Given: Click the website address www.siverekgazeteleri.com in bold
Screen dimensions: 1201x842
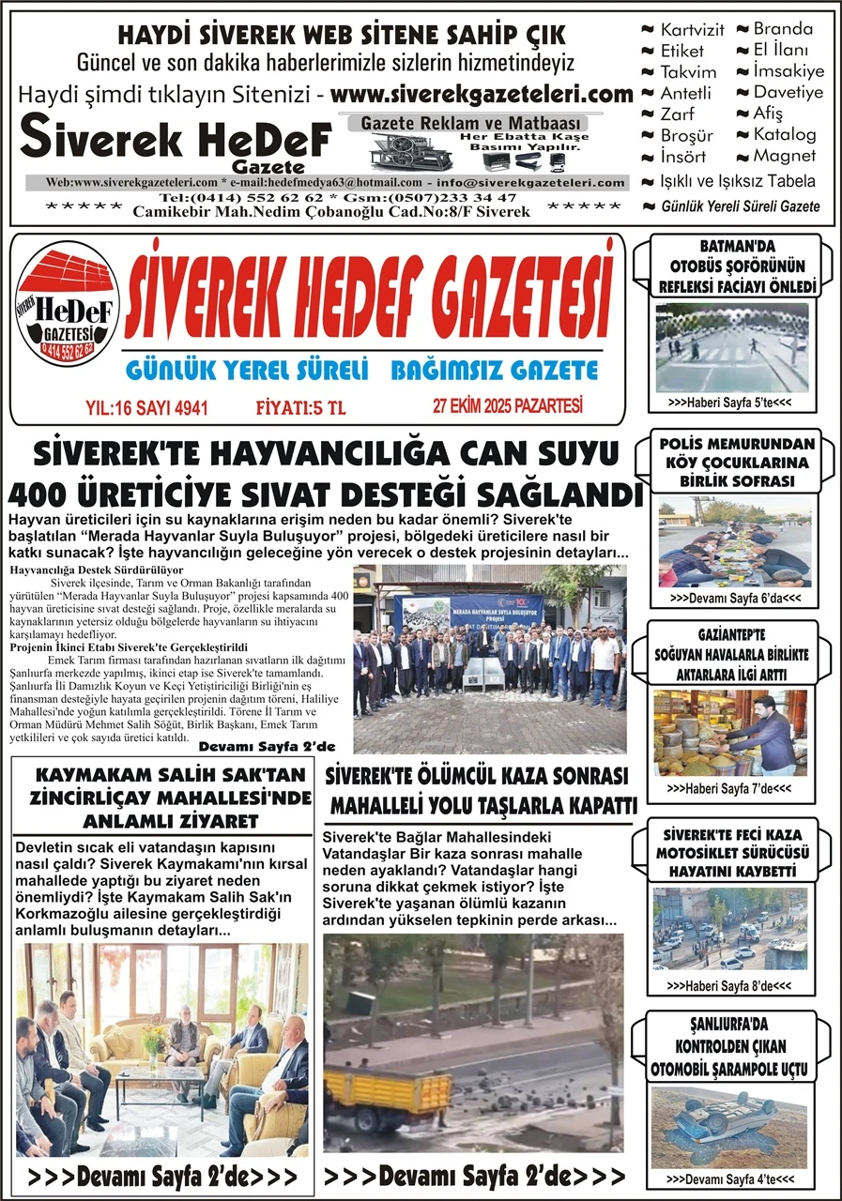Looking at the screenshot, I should tap(482, 95).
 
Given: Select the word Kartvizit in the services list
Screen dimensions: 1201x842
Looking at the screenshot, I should tap(691, 30).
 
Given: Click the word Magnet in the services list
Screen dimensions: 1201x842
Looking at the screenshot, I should tap(784, 156).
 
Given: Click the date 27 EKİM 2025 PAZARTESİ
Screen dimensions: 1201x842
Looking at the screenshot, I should tap(508, 406).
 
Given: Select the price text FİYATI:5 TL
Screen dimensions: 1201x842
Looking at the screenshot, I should tap(300, 407).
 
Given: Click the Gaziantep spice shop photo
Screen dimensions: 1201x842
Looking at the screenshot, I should tap(729, 733).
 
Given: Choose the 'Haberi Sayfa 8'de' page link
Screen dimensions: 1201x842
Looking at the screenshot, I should tap(728, 986).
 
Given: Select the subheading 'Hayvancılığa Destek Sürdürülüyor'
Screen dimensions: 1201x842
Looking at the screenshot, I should tap(96, 570).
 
